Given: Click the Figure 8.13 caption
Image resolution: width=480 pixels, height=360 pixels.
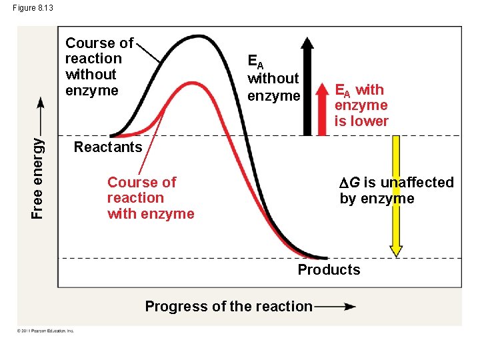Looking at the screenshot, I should [33, 7].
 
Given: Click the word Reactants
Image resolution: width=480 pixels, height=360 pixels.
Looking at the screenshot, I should [108, 147].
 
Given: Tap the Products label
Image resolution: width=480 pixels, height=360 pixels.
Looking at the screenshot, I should [329, 270].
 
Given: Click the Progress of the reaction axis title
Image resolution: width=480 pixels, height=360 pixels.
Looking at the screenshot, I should [229, 307].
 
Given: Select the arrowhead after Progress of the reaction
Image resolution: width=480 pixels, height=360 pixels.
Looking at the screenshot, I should [348, 307].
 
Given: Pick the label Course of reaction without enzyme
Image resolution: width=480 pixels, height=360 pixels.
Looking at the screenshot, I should [99, 67].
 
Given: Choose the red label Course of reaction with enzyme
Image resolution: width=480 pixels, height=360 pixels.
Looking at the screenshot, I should [151, 198].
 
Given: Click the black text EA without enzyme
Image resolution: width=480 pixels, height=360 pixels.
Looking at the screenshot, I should [273, 78].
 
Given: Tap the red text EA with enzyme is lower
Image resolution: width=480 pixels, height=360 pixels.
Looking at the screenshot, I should [361, 105].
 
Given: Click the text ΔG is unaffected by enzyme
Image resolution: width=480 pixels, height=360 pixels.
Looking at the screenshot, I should [396, 191].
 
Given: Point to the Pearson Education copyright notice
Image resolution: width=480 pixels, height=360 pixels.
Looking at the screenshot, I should [45, 331].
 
